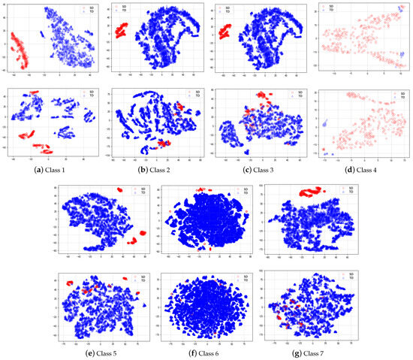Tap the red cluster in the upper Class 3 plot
coord(223,32)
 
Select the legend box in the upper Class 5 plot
coord(134,190)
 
